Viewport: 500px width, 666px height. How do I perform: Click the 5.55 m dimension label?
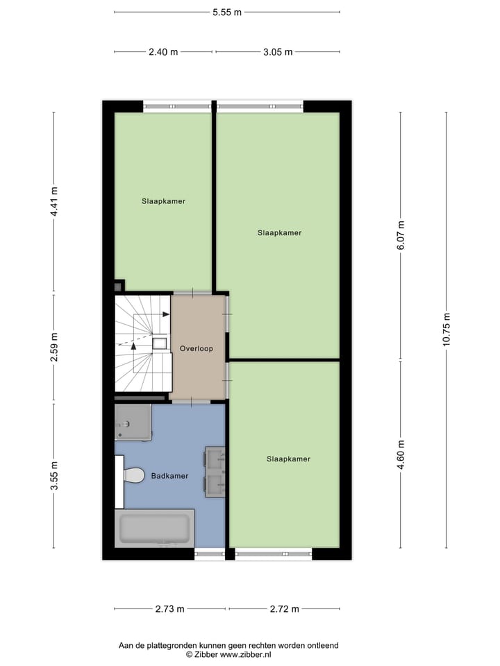tap(227, 12)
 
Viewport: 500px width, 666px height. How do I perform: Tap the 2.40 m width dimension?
tap(163, 52)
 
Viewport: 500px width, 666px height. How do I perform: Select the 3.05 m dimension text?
tap(277, 52)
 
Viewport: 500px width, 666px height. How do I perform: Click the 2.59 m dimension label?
tap(54, 348)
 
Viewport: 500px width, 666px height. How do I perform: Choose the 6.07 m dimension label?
tap(401, 236)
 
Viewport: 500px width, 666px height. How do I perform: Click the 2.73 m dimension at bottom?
tap(169, 609)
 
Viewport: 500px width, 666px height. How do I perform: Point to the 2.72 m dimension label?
tap(284, 609)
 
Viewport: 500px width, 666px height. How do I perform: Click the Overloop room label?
tap(196, 348)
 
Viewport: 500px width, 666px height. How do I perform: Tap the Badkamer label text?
tap(169, 477)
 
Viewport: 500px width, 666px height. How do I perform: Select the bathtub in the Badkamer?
tap(154, 528)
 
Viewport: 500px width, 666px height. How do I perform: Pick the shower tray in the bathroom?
tap(133, 422)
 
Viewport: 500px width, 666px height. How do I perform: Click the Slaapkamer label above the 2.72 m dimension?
tap(288, 459)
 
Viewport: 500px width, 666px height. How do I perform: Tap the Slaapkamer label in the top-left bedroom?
tap(163, 201)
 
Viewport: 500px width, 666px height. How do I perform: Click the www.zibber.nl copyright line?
tap(228, 654)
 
